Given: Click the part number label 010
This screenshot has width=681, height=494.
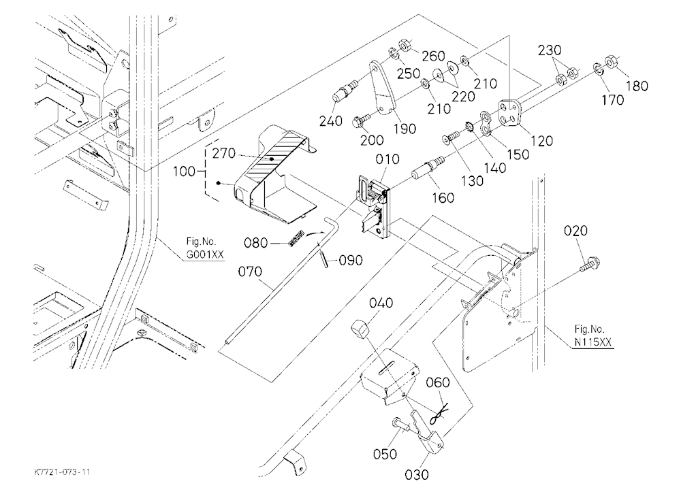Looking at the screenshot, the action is (x=387, y=159).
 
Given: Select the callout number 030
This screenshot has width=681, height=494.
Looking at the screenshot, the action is (x=417, y=474).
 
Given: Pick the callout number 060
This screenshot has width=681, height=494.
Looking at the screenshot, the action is (x=438, y=382).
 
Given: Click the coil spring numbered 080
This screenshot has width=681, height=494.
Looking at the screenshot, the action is (x=297, y=239).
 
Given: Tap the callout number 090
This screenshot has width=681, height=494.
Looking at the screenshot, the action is (x=351, y=260).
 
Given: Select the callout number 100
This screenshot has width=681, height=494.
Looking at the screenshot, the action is (x=184, y=171).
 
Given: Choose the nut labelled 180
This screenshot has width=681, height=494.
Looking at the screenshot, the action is (x=612, y=61).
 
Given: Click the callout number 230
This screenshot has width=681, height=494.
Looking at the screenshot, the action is (x=550, y=50).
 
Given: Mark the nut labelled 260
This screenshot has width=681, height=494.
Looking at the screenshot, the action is (x=405, y=46).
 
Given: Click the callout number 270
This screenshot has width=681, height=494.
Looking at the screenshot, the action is (x=223, y=153).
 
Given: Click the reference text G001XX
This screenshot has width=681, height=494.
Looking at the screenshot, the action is (x=205, y=254).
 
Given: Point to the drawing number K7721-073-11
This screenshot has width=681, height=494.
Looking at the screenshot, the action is (x=62, y=472).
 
